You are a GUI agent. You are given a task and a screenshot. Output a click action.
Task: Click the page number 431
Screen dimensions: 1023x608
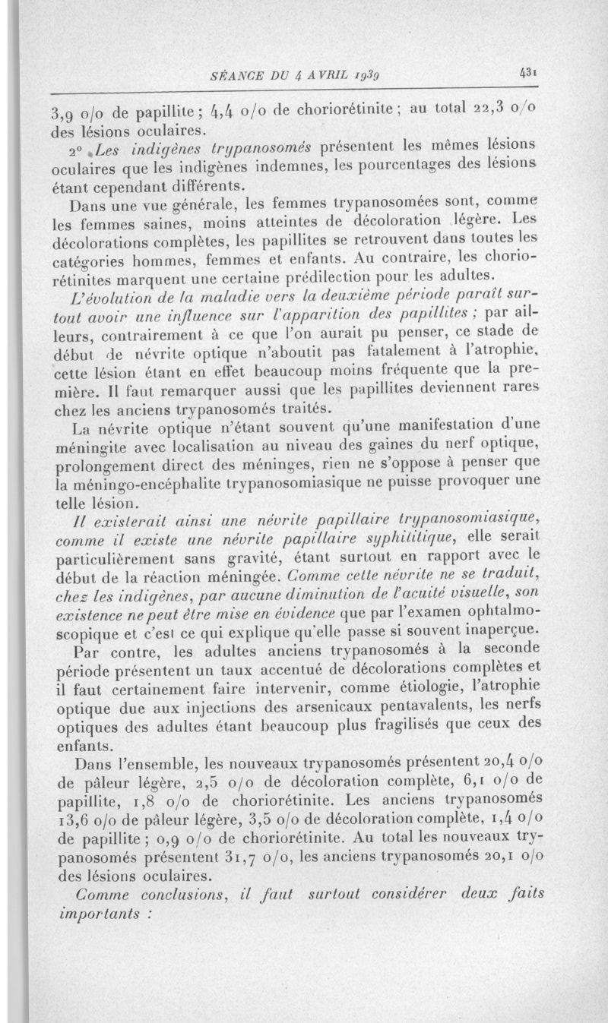tap(529, 74)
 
